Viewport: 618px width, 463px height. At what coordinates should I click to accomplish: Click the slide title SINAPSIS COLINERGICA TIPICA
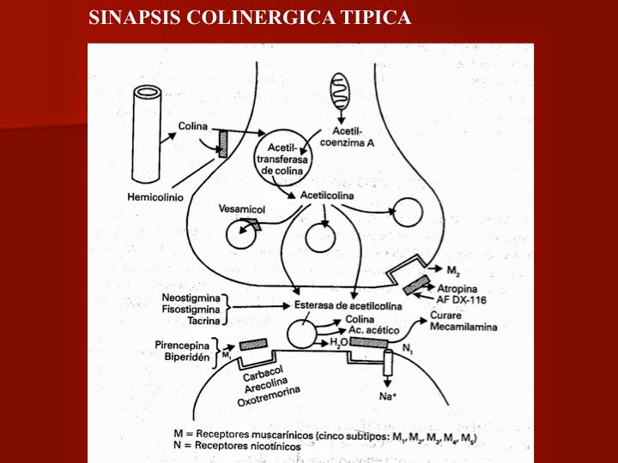pyautogui.click(x=250, y=17)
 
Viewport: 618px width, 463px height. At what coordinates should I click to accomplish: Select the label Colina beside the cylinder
pyautogui.click(x=194, y=127)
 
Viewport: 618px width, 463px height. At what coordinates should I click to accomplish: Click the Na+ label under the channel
pyautogui.click(x=387, y=396)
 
